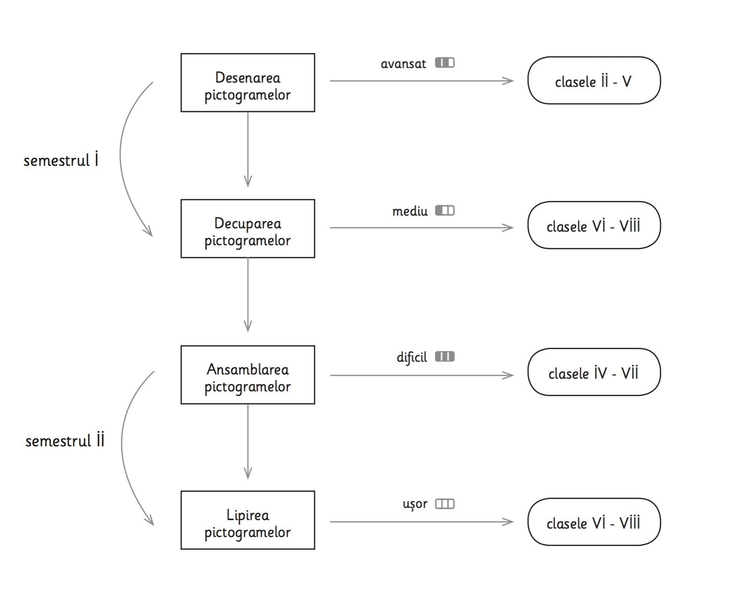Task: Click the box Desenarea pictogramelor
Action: pos(248,83)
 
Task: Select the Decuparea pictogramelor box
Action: pos(248,228)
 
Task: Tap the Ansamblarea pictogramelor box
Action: pos(248,374)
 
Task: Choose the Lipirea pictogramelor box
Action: pos(248,520)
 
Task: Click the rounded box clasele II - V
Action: pos(594,80)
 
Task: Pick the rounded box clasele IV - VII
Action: pos(594,372)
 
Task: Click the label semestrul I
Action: pos(61,160)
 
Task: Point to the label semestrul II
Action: pos(65,440)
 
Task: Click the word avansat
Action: pos(403,64)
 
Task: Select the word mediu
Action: pos(410,211)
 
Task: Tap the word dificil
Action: pos(412,358)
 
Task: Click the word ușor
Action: pos(415,504)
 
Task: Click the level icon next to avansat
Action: pos(445,62)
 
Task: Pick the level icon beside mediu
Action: pos(445,210)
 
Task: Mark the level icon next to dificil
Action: pos(445,356)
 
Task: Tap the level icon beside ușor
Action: pos(445,504)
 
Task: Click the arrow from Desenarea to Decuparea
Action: pos(248,149)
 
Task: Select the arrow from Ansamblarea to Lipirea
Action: pos(248,442)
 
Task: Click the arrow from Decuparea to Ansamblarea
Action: pos(248,295)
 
